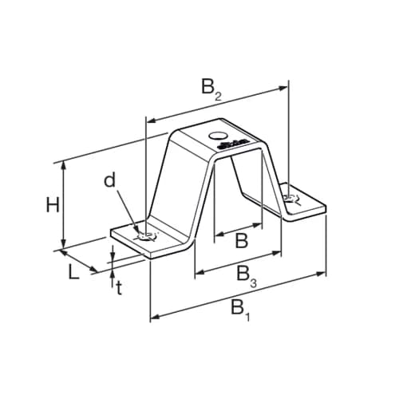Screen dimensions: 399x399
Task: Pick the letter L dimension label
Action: tap(73, 271)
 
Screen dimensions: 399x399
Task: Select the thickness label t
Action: tap(119, 288)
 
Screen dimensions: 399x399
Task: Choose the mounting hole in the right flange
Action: tap(291, 199)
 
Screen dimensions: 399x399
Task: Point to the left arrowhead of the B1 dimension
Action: tap(154, 318)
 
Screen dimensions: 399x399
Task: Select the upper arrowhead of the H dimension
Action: tap(62, 164)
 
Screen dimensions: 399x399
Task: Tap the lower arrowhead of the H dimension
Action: tap(62, 246)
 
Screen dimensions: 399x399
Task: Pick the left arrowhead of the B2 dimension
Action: tap(149, 120)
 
